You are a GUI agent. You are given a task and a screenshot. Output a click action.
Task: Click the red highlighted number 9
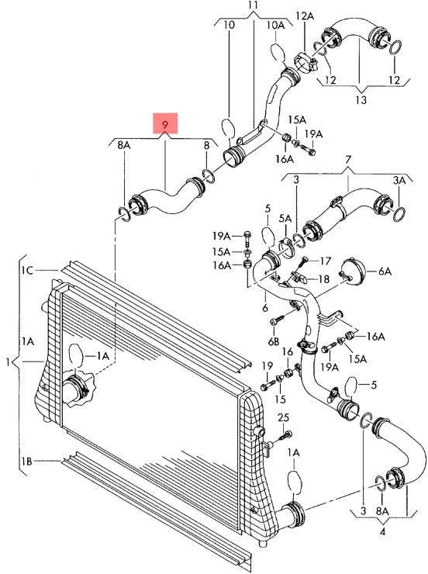pos(165,124)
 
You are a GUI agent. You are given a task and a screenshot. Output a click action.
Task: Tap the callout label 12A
pos(305,16)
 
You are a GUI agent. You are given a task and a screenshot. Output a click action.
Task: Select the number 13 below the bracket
pos(361,99)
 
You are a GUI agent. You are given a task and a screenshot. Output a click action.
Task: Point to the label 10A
pos(275,26)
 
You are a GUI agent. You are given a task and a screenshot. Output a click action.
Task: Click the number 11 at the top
pos(253,5)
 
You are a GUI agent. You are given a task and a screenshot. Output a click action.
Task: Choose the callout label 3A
pos(399,181)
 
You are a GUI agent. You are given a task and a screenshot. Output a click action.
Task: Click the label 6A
pos(385,271)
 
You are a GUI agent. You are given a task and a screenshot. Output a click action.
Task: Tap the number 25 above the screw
pos(283,417)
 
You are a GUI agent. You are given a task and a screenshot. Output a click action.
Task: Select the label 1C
pos(27,271)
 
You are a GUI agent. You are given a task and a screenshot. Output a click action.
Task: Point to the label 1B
pos(26,462)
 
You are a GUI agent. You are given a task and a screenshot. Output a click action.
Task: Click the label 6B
pos(274,341)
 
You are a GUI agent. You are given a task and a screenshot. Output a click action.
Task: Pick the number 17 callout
pos(325,261)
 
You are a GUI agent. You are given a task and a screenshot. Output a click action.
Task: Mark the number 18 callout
pos(324,279)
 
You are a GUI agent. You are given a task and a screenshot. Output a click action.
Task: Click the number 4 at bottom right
pos(382,532)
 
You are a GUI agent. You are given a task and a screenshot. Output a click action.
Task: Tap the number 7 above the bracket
pos(348,160)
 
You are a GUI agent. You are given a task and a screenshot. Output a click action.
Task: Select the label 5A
pos(285,219)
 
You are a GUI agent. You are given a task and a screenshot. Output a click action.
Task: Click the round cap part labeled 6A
pos(353,272)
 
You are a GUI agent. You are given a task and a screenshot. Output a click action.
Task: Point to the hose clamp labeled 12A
pos(305,63)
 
